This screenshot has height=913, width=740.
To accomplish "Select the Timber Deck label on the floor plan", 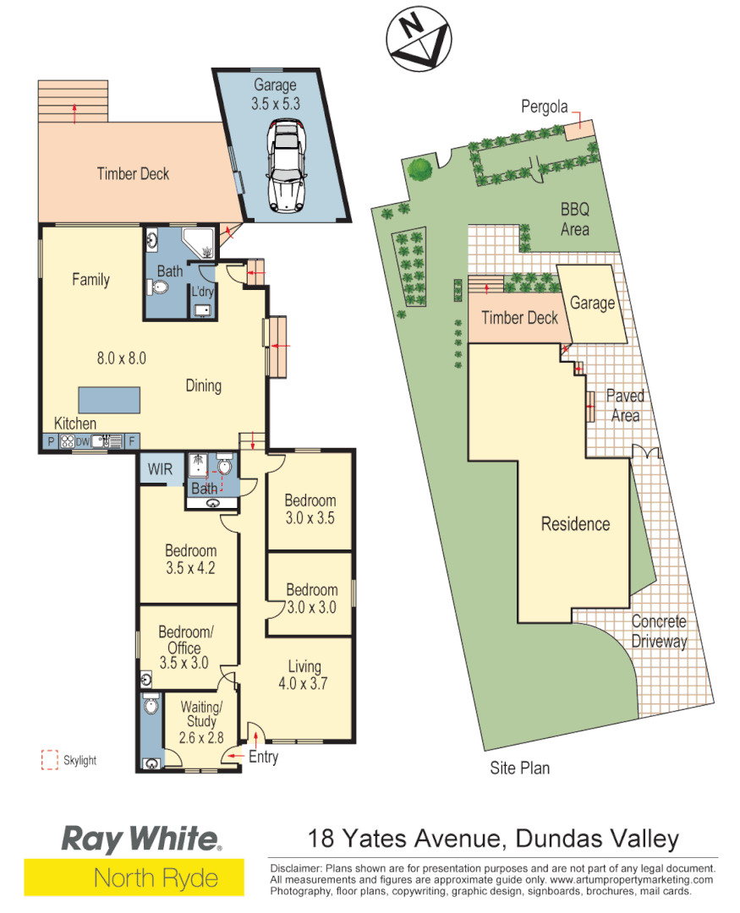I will coord(133,174).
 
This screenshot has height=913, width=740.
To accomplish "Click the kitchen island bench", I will coord(110,398).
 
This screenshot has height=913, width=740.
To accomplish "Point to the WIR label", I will coord(160,467).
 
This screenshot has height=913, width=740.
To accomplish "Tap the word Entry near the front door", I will coord(263,757).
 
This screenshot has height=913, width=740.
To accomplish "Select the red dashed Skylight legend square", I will coord(49,760).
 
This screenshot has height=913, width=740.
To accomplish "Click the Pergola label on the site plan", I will coord(544,107).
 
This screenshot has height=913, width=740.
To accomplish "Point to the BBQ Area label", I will coord(575,218).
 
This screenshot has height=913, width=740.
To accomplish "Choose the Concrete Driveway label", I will coord(659,631).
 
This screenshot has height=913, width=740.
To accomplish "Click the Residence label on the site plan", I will coord(575,524).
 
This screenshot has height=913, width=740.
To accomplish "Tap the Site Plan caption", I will coord(520,768).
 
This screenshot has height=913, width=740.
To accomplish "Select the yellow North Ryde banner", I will coord(134,877).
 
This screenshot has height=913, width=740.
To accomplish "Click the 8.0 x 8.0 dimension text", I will coord(122,358).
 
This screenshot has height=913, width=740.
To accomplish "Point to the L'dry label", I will coord(202,292).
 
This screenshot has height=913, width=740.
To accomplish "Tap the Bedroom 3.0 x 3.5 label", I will coord(310,509).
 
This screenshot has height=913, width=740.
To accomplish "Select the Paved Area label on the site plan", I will coord(625,405).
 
